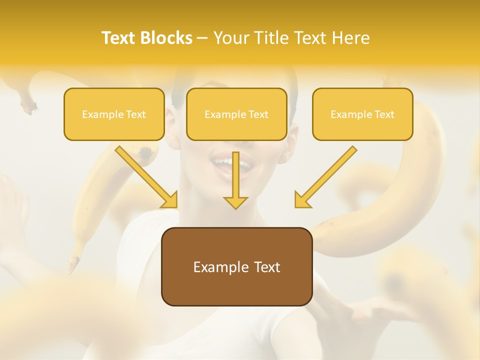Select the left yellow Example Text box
click(x=114, y=114)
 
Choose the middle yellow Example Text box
click(x=236, y=114)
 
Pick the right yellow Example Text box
click(x=362, y=114)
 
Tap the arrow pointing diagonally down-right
click(x=147, y=177)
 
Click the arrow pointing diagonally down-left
click(x=325, y=177)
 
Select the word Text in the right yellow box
click(x=384, y=114)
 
